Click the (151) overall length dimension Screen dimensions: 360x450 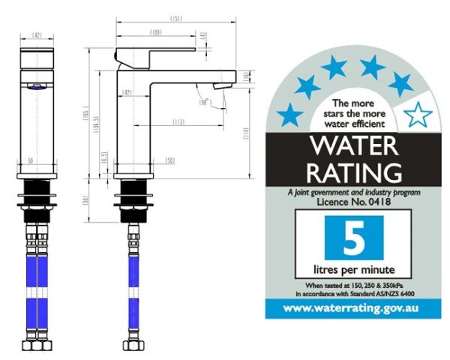(x=176, y=18)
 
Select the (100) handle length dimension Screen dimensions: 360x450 (x=156, y=32)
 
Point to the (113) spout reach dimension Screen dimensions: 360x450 (x=178, y=121)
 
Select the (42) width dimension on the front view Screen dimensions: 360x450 (x=37, y=34)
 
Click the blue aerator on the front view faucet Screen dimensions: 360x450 (x=36, y=87)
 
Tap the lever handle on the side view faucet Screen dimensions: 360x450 (x=156, y=55)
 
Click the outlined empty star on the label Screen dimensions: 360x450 (x=417, y=115)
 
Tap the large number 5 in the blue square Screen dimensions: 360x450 (x=352, y=238)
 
